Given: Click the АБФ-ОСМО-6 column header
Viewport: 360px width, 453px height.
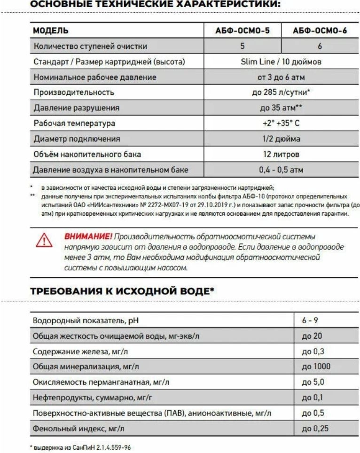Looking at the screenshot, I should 319,31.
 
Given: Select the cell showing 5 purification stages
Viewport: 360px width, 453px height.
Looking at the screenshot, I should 242,46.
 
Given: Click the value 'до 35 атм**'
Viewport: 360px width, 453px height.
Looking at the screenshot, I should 281,108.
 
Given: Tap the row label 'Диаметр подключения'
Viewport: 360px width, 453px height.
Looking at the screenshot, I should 77,139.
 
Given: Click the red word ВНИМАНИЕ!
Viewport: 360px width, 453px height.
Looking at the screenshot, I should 88,236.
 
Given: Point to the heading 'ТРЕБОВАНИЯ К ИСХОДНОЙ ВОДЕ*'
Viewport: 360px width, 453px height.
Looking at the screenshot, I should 122,291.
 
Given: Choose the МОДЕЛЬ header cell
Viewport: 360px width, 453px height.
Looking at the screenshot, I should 50,31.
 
